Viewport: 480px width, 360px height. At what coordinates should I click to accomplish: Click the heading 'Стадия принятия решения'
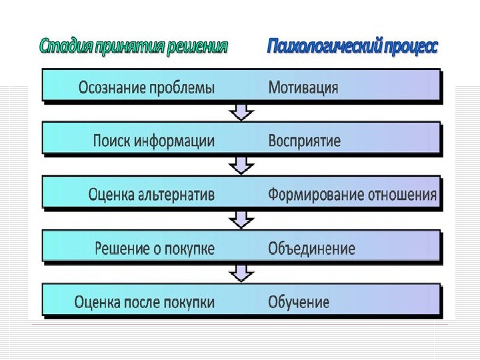tap(133, 47)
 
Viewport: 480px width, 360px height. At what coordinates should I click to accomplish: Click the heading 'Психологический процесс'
tap(353, 47)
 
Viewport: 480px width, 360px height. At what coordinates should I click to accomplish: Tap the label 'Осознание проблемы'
tap(147, 87)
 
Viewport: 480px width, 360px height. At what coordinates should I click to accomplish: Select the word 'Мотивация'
tap(303, 87)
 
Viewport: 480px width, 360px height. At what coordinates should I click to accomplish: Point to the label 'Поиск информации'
tap(154, 141)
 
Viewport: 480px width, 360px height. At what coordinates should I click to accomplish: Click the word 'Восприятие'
tap(304, 141)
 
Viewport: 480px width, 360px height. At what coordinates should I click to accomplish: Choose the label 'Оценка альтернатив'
tap(151, 195)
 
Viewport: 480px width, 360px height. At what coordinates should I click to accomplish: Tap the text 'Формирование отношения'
tap(352, 195)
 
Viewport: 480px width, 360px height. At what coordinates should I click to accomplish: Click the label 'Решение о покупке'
tap(155, 249)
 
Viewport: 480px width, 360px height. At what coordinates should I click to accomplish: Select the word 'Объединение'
tap(311, 249)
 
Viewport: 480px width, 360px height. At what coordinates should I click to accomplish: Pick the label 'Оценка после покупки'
tap(145, 302)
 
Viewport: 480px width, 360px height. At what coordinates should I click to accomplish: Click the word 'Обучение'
tap(299, 302)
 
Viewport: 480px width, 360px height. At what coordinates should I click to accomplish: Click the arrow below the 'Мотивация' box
tap(241, 111)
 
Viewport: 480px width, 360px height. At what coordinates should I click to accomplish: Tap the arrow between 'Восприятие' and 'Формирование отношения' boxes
tap(241, 165)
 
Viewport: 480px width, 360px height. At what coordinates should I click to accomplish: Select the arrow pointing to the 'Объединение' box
tap(241, 219)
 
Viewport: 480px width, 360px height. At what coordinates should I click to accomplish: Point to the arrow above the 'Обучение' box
tap(241, 273)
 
